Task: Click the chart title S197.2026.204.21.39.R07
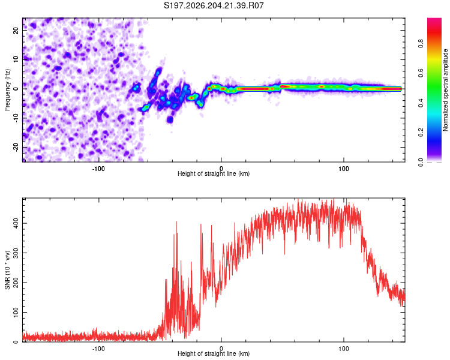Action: click(214, 5)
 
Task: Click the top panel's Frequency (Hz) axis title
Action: click(7, 90)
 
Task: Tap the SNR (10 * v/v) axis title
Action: click(7, 270)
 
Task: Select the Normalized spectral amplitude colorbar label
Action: click(445, 90)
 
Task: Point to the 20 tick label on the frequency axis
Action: click(16, 31)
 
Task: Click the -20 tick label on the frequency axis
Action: click(16, 148)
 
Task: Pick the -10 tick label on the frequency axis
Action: click(16, 118)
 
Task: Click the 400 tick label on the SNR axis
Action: click(16, 223)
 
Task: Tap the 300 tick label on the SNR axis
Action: click(16, 253)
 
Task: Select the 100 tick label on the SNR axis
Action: click(16, 312)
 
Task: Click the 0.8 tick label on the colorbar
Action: click(421, 44)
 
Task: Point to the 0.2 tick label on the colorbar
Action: click(421, 133)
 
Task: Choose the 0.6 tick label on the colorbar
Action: click(421, 73)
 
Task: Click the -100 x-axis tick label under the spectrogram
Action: click(98, 169)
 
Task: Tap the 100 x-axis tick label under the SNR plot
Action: click(344, 349)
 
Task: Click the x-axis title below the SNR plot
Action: click(214, 353)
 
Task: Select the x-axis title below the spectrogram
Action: click(214, 173)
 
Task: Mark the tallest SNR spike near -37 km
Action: click(176, 223)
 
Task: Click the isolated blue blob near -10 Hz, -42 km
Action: click(170, 119)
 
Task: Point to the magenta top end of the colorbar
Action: click(434, 19)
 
